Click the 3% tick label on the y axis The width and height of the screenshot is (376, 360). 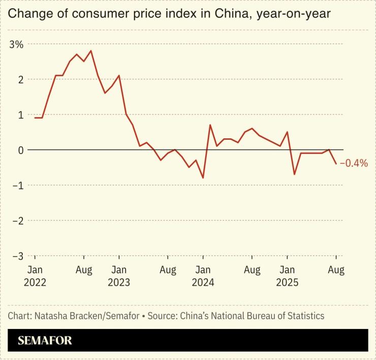16,44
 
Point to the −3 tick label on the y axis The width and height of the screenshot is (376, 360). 16,256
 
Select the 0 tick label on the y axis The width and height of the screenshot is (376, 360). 20,150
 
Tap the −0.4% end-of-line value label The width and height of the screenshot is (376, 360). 354,163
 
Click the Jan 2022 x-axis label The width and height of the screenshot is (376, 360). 35,276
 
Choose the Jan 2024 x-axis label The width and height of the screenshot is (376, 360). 203,276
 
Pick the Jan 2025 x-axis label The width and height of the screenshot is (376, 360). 287,276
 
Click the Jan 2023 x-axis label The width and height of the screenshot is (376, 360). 119,276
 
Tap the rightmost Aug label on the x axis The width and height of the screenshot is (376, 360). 336,270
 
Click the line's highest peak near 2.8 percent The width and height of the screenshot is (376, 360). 90,51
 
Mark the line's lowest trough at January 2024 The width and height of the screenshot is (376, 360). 203,178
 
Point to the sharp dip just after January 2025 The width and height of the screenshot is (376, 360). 294,174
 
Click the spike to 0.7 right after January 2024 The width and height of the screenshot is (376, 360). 210,125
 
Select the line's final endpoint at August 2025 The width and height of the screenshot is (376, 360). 336,164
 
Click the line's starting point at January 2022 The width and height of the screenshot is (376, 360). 35,118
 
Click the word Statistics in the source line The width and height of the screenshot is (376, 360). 303,316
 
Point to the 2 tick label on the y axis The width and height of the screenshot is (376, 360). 20,80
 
